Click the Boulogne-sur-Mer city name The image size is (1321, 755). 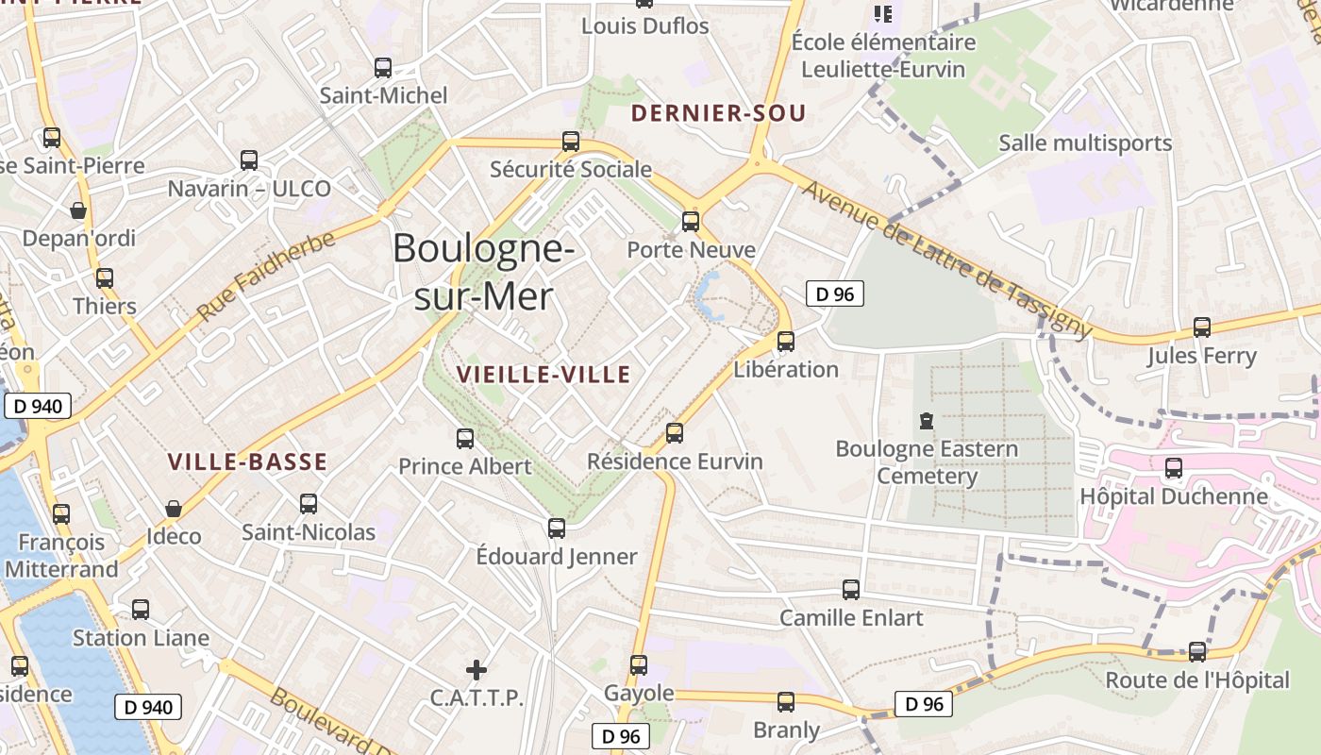click(x=483, y=273)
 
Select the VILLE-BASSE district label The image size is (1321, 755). click(x=247, y=461)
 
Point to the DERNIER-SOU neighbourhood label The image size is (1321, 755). click(x=718, y=113)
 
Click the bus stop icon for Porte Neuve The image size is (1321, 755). click(x=691, y=222)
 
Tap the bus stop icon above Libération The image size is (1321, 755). click(x=786, y=342)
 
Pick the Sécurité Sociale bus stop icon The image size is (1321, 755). click(x=571, y=142)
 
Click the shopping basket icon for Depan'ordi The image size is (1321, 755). click(x=78, y=210)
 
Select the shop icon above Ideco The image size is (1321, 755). click(x=174, y=509)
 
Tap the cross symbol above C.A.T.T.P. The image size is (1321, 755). click(x=477, y=670)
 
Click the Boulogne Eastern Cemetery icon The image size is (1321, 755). click(x=927, y=421)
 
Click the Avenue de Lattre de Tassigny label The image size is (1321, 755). click(x=946, y=260)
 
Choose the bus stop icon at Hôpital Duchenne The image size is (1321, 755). click(x=1174, y=468)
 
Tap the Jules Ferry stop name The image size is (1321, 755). click(x=1201, y=356)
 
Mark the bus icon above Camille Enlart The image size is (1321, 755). click(x=851, y=590)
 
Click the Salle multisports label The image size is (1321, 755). click(x=1084, y=143)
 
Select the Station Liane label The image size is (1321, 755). click(x=141, y=638)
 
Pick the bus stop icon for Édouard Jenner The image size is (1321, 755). click(x=557, y=528)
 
